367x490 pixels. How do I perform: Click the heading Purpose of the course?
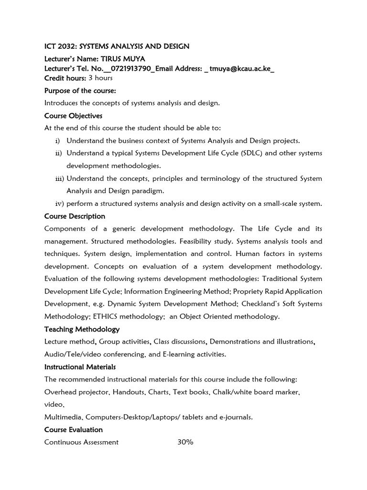pos(80,90)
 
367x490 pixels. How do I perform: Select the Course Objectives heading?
pos(73,116)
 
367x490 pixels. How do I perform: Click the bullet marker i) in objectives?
pos(58,141)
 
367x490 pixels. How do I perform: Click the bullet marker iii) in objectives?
pos(59,178)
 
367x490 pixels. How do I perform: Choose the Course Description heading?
pos(75,216)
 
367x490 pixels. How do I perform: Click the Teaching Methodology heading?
pos(82,329)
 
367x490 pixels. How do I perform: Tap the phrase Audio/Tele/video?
pos(69,354)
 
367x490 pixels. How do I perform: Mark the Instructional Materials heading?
pos(80,367)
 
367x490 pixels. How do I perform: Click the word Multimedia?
pos(63,417)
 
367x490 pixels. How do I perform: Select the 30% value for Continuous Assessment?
pos(185,442)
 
